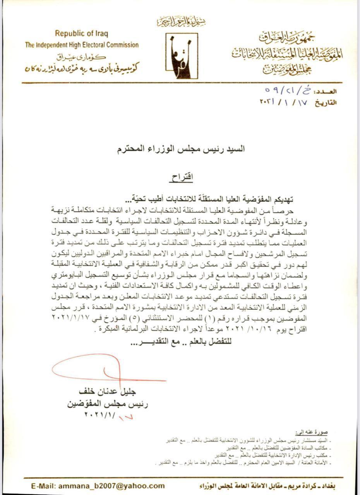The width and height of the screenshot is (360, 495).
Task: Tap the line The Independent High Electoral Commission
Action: [82, 45]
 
